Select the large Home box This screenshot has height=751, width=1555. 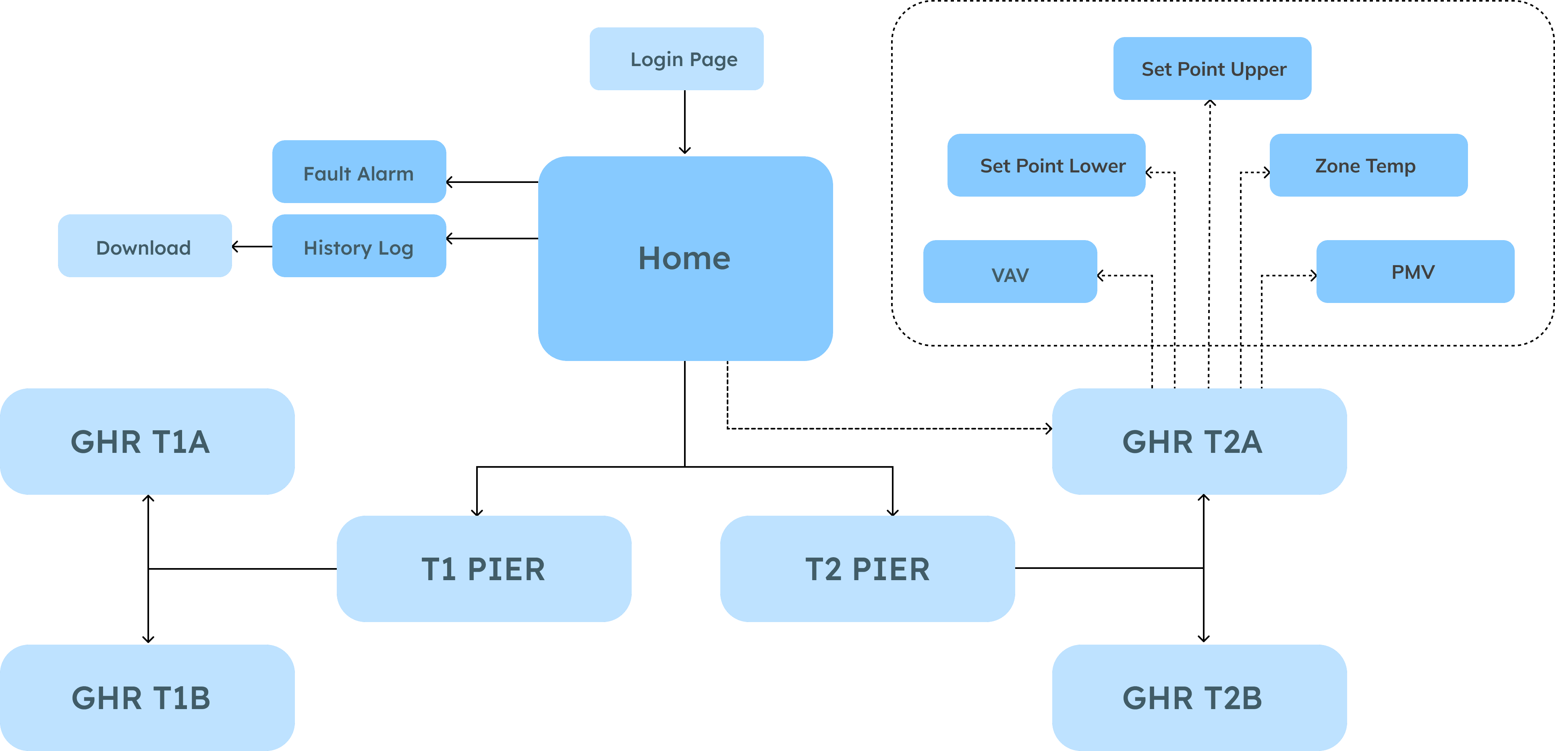pos(685,258)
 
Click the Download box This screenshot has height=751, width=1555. pos(144,246)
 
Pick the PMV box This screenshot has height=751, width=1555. pos(1414,272)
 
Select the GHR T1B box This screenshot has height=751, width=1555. pos(147,698)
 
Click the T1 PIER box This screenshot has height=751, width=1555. pos(483,568)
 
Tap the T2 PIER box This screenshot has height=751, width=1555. pos(867,568)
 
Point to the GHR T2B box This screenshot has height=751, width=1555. pos(1199,698)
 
